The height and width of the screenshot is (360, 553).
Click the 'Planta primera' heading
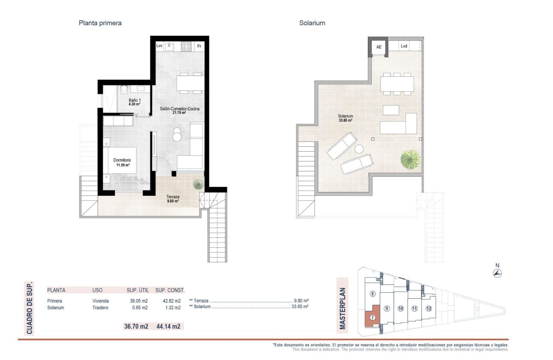(x=100, y=23)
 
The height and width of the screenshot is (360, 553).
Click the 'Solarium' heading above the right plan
(x=312, y=23)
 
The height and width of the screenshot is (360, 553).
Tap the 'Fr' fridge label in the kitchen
(x=199, y=46)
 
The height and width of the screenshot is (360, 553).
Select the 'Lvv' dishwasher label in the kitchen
(x=159, y=46)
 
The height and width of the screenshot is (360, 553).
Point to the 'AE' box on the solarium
(x=379, y=47)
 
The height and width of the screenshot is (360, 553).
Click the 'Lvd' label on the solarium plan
(x=404, y=46)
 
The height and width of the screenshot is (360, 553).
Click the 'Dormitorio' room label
(x=122, y=160)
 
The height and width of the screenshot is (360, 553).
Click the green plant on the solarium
(x=410, y=159)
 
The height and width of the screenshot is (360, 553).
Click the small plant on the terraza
(x=198, y=184)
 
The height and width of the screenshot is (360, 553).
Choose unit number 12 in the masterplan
(x=429, y=308)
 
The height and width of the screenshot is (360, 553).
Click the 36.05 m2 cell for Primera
(x=139, y=301)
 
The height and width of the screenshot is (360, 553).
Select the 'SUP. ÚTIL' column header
(x=138, y=290)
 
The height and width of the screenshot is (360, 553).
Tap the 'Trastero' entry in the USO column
(x=101, y=308)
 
